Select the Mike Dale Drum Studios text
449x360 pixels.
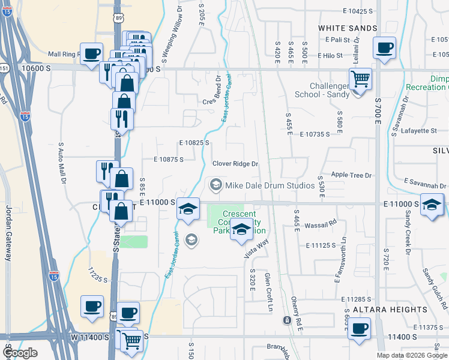[x=270, y=185]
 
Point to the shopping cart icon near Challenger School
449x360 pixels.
[x=360, y=79]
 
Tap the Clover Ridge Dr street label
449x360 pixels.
[x=235, y=164]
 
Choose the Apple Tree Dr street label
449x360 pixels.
[x=352, y=176]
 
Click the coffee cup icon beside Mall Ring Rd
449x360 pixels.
[x=91, y=54]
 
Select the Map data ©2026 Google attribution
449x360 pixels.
[x=412, y=355]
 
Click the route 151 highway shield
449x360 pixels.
[x=3, y=68]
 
